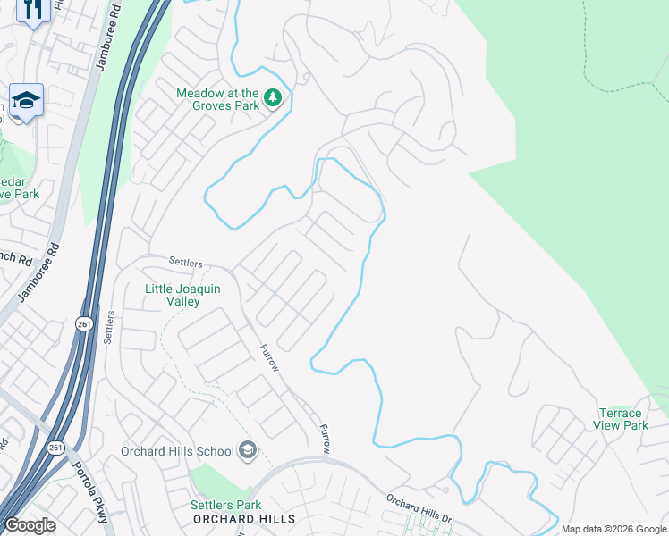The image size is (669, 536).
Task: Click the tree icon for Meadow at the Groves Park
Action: pyautogui.click(x=273, y=98)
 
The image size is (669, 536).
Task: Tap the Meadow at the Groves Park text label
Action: pyautogui.click(x=217, y=99)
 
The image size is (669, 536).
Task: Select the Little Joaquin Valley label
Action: pyautogui.click(x=183, y=295)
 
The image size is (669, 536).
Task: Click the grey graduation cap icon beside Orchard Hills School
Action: pyautogui.click(x=248, y=450)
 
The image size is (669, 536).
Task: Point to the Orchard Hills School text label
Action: pyautogui.click(x=177, y=451)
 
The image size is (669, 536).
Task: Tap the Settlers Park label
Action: pyautogui.click(x=224, y=506)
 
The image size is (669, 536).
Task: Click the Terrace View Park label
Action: pyautogui.click(x=620, y=419)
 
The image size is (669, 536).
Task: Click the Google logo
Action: pyautogui.click(x=30, y=525)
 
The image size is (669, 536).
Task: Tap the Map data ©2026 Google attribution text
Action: pyautogui.click(x=614, y=529)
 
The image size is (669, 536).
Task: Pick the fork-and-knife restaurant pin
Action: pyautogui.click(x=33, y=10)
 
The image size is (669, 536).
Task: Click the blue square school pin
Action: pyautogui.click(x=27, y=101)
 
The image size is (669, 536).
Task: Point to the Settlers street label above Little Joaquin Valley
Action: pyautogui.click(x=187, y=264)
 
